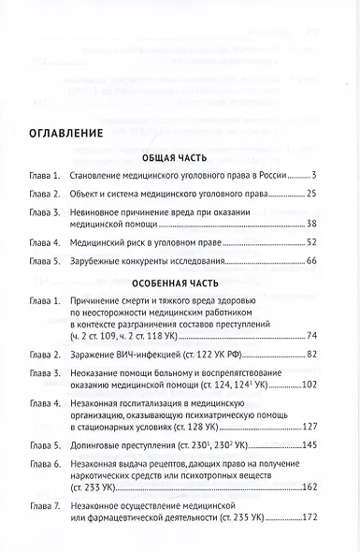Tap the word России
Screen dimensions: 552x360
267,176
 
